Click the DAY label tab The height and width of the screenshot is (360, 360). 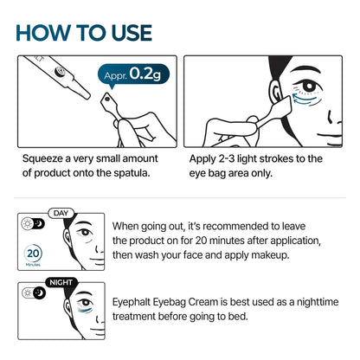point(61,212)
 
